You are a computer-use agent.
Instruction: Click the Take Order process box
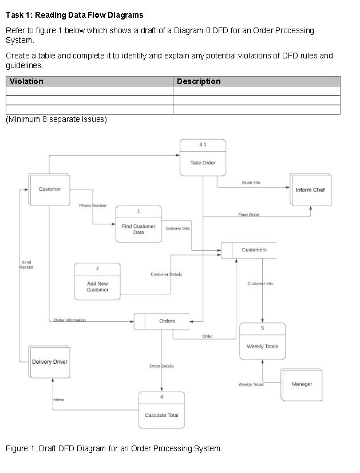[203, 163]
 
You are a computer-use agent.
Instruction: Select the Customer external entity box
[49, 190]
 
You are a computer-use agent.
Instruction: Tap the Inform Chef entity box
[310, 190]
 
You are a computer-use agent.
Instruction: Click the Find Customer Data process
[139, 229]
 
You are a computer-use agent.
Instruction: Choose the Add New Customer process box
[97, 286]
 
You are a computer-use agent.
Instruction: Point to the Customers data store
[254, 250]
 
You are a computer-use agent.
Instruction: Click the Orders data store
[167, 321]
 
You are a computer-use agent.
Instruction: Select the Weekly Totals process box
[262, 346]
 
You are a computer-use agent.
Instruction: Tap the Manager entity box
[302, 384]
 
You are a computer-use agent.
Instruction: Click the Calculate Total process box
[161, 415]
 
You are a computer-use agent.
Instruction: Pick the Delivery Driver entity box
[49, 362]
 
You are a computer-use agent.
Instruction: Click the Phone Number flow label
[93, 205]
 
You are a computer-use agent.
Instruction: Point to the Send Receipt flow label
[26, 265]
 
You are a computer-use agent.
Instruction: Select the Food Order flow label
[248, 215]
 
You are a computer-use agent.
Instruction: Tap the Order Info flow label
[251, 183]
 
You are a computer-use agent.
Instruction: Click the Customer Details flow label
[166, 274]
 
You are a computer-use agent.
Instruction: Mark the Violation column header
[27, 81]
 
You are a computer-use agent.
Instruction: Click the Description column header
[199, 81]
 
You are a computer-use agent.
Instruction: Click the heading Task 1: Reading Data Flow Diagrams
[74, 14]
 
